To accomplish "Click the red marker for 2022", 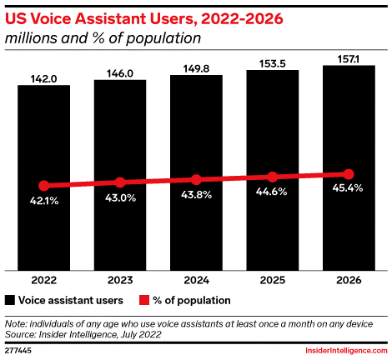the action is click(x=44, y=186).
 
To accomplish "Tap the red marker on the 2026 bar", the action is click(x=349, y=174).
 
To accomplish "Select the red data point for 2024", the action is click(x=196, y=180).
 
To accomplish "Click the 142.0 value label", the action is click(x=43, y=79).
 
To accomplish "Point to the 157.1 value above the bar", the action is click(x=349, y=59).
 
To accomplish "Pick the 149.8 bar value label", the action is click(x=196, y=69).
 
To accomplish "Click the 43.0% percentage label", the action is click(x=120, y=198).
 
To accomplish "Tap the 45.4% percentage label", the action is click(x=348, y=188).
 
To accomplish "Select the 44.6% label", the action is click(x=271, y=192).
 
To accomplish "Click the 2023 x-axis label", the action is click(x=120, y=280).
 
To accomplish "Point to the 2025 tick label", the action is click(x=273, y=280).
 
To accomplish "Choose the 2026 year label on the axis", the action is click(x=349, y=280).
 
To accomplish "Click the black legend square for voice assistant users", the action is click(x=10, y=300).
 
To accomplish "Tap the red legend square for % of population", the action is click(x=144, y=300).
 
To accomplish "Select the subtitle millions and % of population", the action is click(x=103, y=38).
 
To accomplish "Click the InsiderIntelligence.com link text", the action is click(x=346, y=351).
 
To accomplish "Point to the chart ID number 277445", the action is click(x=18, y=351).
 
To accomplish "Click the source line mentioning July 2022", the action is click(x=83, y=334).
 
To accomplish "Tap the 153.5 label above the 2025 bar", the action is click(x=273, y=64).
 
